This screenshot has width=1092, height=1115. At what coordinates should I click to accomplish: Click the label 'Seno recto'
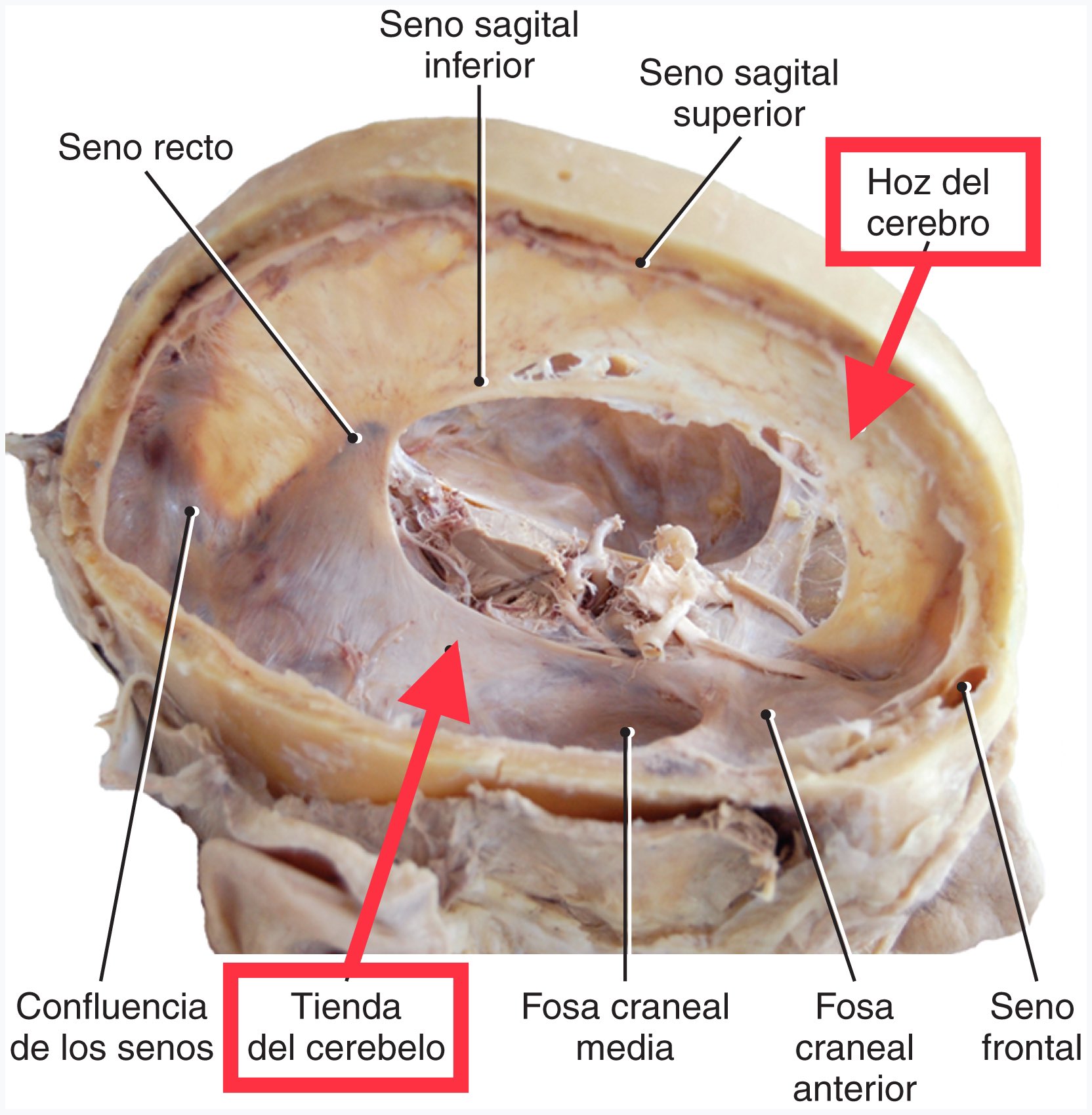point(146,148)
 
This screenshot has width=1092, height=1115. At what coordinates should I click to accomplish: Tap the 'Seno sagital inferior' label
point(479,45)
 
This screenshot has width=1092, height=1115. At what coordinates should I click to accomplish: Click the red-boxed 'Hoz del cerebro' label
point(928,202)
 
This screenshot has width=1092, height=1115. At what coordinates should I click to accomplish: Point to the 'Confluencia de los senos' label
point(112,1027)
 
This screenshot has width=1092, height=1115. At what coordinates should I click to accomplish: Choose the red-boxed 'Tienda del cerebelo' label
point(346,1027)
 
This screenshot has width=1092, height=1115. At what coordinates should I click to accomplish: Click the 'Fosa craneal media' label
point(625,1027)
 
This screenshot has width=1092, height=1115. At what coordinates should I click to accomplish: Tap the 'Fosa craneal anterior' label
point(854,1047)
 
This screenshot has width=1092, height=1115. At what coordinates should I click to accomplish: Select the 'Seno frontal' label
point(1032,1027)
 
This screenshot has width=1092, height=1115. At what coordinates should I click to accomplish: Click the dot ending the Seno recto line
point(354,438)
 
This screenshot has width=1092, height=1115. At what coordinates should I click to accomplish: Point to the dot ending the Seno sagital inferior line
point(480,381)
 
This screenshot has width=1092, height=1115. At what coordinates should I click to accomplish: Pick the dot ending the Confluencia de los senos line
point(192,511)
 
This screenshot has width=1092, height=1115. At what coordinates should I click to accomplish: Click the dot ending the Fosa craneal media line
point(627,732)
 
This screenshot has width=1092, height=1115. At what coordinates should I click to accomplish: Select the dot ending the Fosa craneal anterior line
point(766,715)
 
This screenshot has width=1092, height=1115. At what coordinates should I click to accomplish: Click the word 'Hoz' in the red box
point(894,182)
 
